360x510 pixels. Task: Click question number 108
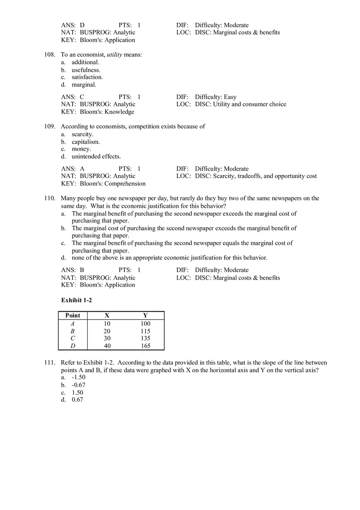pyautogui.click(x=49, y=55)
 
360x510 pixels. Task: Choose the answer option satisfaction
pyautogui.click(x=87, y=77)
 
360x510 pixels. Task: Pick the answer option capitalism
pyautogui.click(x=85, y=142)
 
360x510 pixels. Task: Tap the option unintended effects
pyautogui.click(x=96, y=157)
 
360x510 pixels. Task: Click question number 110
pyautogui.click(x=49, y=198)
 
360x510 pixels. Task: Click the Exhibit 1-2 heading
pyautogui.click(x=76, y=301)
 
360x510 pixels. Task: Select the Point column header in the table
pyautogui.click(x=73, y=315)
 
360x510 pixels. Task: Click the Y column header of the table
pyautogui.click(x=145, y=315)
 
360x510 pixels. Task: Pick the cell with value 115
pyautogui.click(x=145, y=331)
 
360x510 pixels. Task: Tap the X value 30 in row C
pyautogui.click(x=107, y=339)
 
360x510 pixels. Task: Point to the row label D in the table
pyautogui.click(x=73, y=346)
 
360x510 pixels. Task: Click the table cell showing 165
pyautogui.click(x=145, y=346)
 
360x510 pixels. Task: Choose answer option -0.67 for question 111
pyautogui.click(x=79, y=385)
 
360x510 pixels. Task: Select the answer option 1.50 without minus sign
pyautogui.click(x=77, y=393)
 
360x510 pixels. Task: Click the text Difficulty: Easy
pyautogui.click(x=216, y=97)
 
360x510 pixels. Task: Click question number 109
pyautogui.click(x=49, y=127)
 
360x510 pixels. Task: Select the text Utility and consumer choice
pyautogui.click(x=250, y=104)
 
